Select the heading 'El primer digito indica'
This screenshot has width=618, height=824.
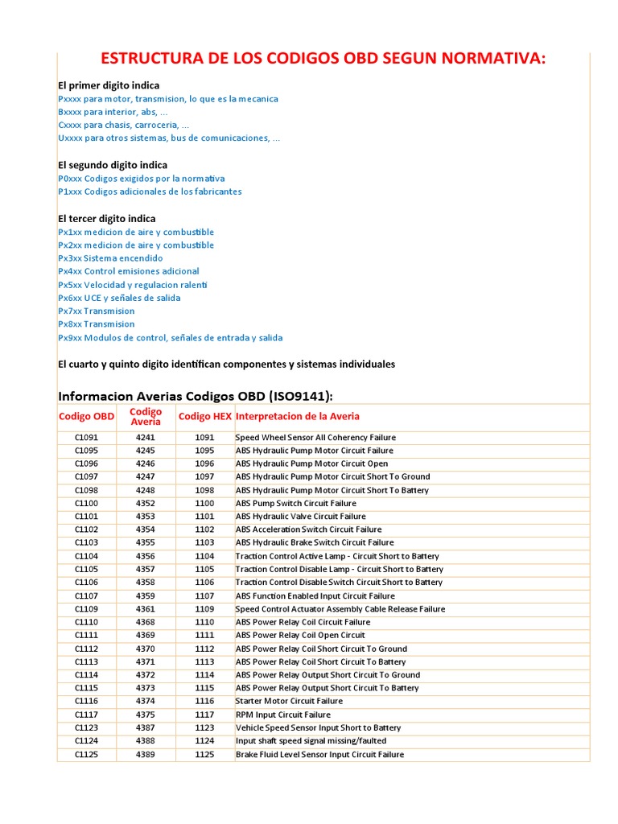pyautogui.click(x=109, y=85)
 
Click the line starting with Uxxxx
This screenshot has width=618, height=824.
pyautogui.click(x=169, y=138)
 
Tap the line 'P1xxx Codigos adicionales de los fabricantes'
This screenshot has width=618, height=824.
pyautogui.click(x=150, y=192)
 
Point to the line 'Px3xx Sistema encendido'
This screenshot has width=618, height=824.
pyautogui.click(x=110, y=258)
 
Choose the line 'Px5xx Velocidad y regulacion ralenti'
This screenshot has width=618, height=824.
pyautogui.click(x=133, y=285)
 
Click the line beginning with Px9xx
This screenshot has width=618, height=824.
pyautogui.click(x=170, y=338)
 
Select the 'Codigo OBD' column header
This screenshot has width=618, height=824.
pyautogui.click(x=87, y=416)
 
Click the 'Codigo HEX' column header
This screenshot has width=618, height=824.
pyautogui.click(x=205, y=416)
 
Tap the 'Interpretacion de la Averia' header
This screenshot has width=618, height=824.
pyautogui.click(x=298, y=416)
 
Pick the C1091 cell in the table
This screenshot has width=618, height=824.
pyautogui.click(x=86, y=438)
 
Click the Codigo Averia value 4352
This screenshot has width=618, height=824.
pyautogui.click(x=145, y=504)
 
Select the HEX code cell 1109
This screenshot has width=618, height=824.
pyautogui.click(x=204, y=609)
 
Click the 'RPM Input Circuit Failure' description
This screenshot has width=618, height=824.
pyautogui.click(x=282, y=715)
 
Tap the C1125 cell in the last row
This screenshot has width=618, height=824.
pyautogui.click(x=86, y=755)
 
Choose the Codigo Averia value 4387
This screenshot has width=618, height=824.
pyautogui.click(x=145, y=728)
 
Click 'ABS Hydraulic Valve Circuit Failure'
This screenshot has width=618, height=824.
pyautogui.click(x=300, y=517)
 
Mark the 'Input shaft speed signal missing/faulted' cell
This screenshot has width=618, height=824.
pyautogui.click(x=311, y=741)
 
